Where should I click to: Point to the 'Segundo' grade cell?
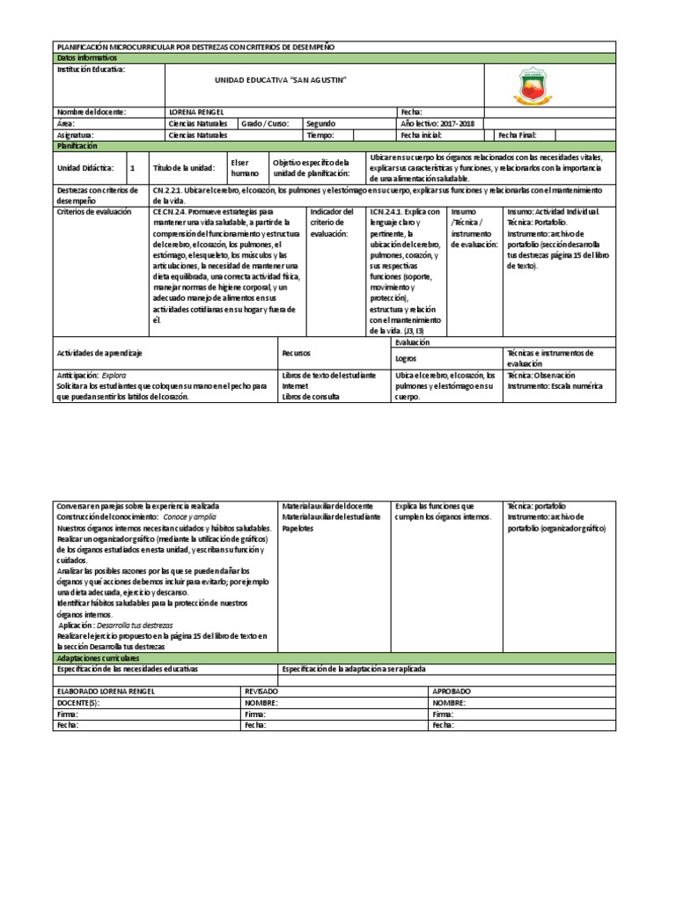coord(320,124)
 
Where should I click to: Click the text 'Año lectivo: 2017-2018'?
coord(437,124)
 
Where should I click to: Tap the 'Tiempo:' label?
coord(320,136)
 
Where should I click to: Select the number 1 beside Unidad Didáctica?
coord(133,167)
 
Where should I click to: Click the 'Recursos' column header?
coord(297,352)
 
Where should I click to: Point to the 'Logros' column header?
coord(406,358)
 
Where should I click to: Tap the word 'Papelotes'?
coord(300,528)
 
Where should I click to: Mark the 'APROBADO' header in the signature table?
coord(452,692)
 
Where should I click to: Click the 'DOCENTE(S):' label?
coord(78,704)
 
